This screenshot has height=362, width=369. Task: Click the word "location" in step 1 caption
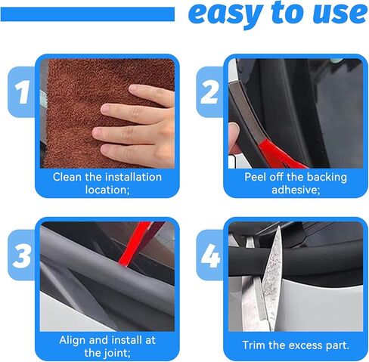point(105,190)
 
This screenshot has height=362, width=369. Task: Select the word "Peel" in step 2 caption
point(258,177)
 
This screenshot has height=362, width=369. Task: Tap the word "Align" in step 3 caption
point(74,339)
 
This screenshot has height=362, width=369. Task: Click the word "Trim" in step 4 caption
point(256,345)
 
